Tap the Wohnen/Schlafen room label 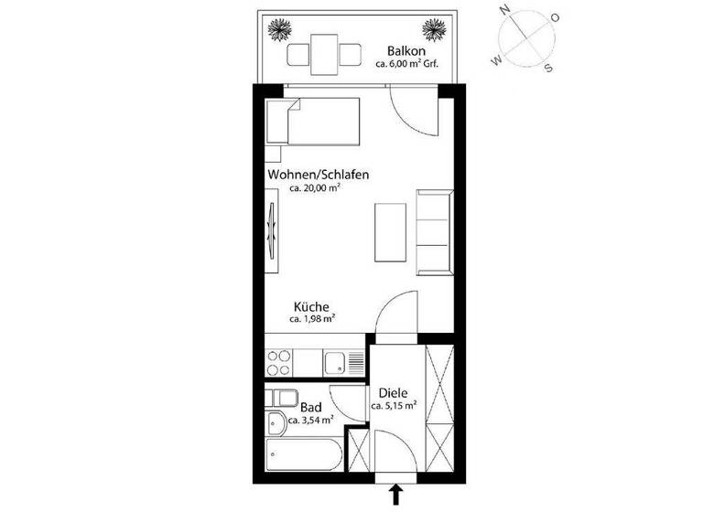(x=306, y=174)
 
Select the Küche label (x=311, y=307)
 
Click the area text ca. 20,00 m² (x=315, y=188)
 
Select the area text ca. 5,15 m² (x=395, y=405)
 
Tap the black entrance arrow (x=395, y=496)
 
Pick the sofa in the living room (x=434, y=231)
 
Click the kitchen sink (x=339, y=362)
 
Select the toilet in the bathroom (x=277, y=422)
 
